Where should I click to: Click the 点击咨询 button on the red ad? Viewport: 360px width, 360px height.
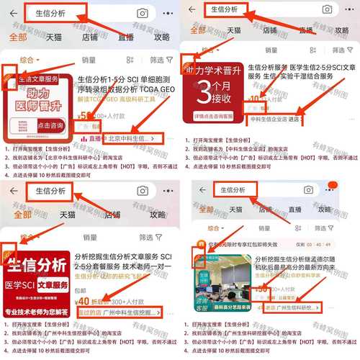click(50, 125)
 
